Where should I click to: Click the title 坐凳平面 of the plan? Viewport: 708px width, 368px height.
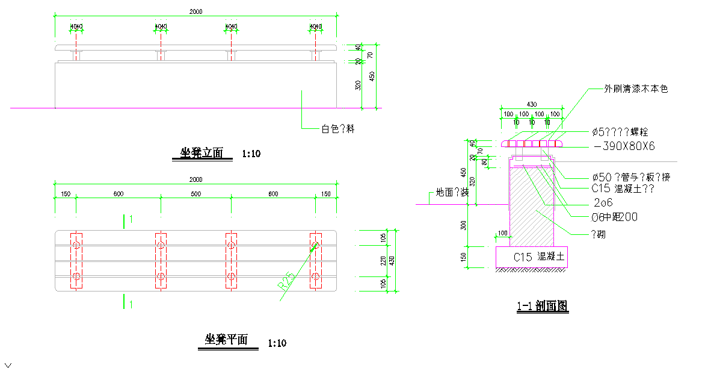223,340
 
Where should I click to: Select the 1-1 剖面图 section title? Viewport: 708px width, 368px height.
542,307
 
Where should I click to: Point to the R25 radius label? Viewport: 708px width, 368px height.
287,281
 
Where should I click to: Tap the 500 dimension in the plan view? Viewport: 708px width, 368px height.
195,194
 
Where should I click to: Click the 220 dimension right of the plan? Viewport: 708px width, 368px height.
383,260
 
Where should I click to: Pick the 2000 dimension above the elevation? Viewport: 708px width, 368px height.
195,11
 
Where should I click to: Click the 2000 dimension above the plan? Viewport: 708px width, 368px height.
195,179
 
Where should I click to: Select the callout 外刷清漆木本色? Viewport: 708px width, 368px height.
636,89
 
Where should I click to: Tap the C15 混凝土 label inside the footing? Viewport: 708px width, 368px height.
540,257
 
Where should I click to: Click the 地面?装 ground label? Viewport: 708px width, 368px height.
452,193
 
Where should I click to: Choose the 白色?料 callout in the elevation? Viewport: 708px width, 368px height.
337,128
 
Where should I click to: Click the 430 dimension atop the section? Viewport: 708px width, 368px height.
532,105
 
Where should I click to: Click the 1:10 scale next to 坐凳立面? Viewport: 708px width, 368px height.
251,154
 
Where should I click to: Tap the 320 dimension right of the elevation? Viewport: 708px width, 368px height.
358,86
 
